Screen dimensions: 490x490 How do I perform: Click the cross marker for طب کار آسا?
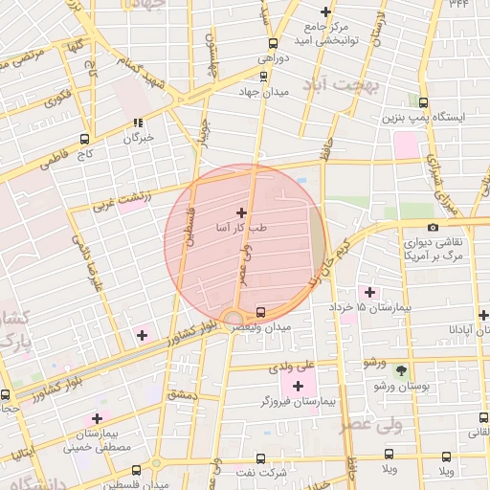tap(240, 212)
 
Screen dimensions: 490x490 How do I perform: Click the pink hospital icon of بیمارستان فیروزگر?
tap(298, 386)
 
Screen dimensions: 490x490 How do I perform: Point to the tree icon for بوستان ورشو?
tap(401, 370)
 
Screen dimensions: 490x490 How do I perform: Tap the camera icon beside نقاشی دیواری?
tap(434, 227)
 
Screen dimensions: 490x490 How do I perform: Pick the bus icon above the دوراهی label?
tap(274, 44)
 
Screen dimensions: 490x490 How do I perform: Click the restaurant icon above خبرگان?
tap(138, 122)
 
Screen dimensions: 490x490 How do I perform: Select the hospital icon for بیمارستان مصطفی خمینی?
tap(97, 418)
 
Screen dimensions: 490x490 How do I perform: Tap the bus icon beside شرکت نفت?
tap(264, 458)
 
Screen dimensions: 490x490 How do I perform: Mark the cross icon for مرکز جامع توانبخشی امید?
tap(326, 12)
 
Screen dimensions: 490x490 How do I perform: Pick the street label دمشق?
tap(181, 393)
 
